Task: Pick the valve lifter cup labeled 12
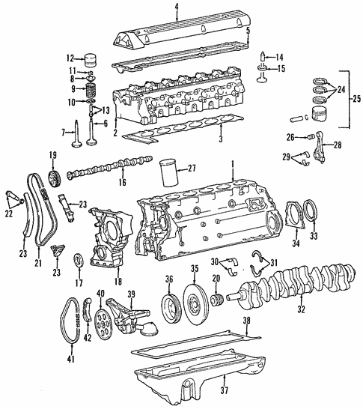click(x=92, y=59)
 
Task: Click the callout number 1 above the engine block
click(x=232, y=163)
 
